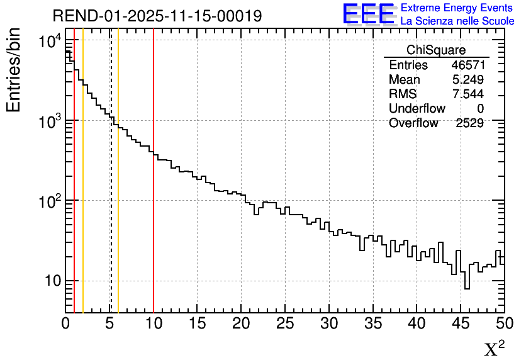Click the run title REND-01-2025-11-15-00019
(157, 16)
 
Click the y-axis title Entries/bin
(13, 70)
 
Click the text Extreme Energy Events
(457, 8)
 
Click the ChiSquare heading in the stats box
(436, 50)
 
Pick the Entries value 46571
(467, 65)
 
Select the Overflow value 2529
(469, 123)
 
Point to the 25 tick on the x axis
(285, 323)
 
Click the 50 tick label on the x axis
(503, 323)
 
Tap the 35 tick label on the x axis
(373, 323)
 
